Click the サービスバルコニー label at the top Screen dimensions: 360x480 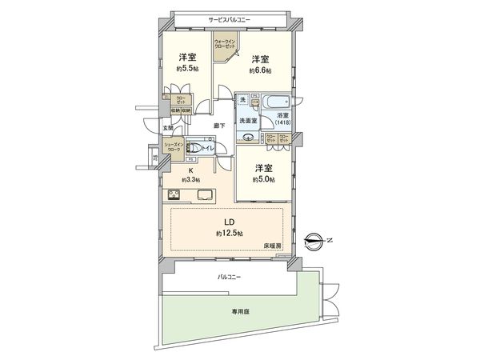pos(230,17)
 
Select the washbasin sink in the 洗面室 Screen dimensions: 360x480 pos(250,137)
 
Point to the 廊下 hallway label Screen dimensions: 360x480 pos(219,126)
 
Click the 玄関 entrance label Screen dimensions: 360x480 pos(168,127)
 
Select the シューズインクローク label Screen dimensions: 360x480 pos(172,146)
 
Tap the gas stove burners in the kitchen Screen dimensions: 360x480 pos(173,194)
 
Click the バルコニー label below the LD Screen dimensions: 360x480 pos(229,277)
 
